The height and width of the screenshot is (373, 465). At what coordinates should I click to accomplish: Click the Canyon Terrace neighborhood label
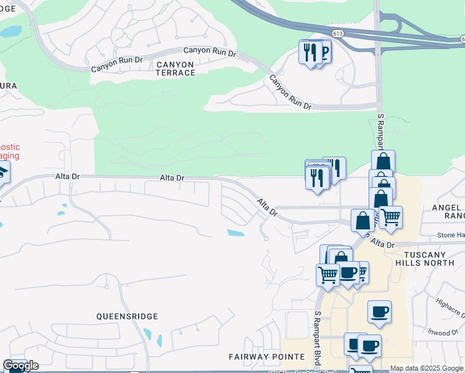pyautogui.click(x=167, y=68)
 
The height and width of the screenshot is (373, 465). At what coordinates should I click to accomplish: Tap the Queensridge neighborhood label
pyautogui.click(x=127, y=316)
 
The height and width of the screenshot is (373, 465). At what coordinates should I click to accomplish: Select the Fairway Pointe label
pyautogui.click(x=267, y=357)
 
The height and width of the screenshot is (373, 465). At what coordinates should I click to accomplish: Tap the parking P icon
pyautogui.click(x=323, y=52)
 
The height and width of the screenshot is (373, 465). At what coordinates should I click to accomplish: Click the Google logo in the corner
pyautogui.click(x=21, y=366)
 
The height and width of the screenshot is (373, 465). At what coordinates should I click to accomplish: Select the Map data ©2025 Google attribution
pyautogui.click(x=426, y=368)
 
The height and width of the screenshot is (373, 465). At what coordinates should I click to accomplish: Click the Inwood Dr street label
pyautogui.click(x=443, y=333)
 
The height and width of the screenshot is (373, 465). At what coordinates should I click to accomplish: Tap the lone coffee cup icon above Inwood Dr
pyautogui.click(x=379, y=311)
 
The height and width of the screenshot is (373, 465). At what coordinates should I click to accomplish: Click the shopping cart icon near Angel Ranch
pyautogui.click(x=390, y=217)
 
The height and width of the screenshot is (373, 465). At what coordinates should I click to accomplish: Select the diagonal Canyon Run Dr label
pyautogui.click(x=290, y=92)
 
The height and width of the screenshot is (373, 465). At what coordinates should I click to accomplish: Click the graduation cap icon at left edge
pyautogui.click(x=2, y=172)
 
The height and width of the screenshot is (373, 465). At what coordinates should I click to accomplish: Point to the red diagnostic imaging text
pyautogui.click(x=10, y=152)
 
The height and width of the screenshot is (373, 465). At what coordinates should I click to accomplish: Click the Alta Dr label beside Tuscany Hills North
pyautogui.click(x=381, y=245)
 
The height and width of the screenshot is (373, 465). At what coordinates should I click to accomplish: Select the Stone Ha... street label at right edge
pyautogui.click(x=450, y=235)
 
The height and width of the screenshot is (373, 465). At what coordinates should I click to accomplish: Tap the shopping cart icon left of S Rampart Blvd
pyautogui.click(x=328, y=274)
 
